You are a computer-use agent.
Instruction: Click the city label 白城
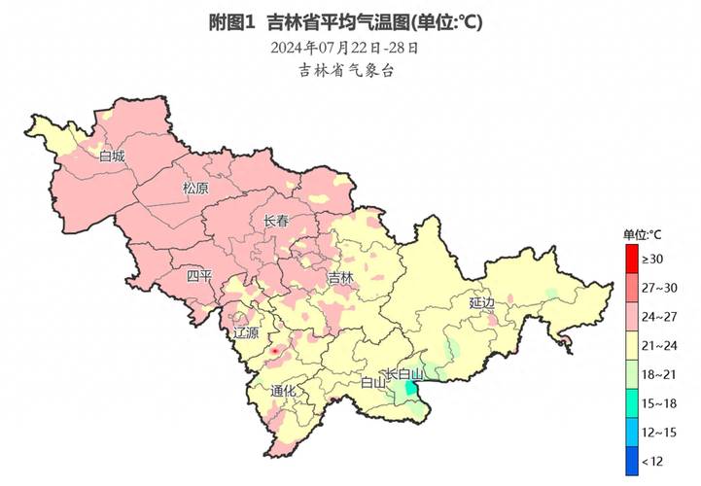[112, 156]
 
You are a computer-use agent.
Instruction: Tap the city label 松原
[195, 189]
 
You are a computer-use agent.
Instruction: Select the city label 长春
[276, 222]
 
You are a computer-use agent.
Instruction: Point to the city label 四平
[199, 277]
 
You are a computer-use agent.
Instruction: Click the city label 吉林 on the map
[340, 278]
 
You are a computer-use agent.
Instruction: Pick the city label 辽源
[247, 332]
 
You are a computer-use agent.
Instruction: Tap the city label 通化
[283, 392]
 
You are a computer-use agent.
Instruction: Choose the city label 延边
[481, 302]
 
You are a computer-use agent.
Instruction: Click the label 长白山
[405, 374]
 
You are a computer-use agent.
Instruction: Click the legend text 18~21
[657, 374]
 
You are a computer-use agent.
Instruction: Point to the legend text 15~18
[657, 403]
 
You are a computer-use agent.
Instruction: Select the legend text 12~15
[657, 433]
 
